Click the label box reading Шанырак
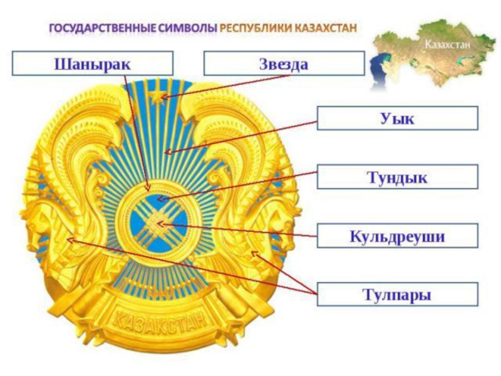[x=93, y=63]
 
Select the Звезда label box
[x=284, y=63]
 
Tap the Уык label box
[x=397, y=118]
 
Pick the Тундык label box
[x=397, y=177]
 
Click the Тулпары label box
[x=397, y=294]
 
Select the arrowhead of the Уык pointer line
[x=167, y=151]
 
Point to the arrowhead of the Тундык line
[x=159, y=201]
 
